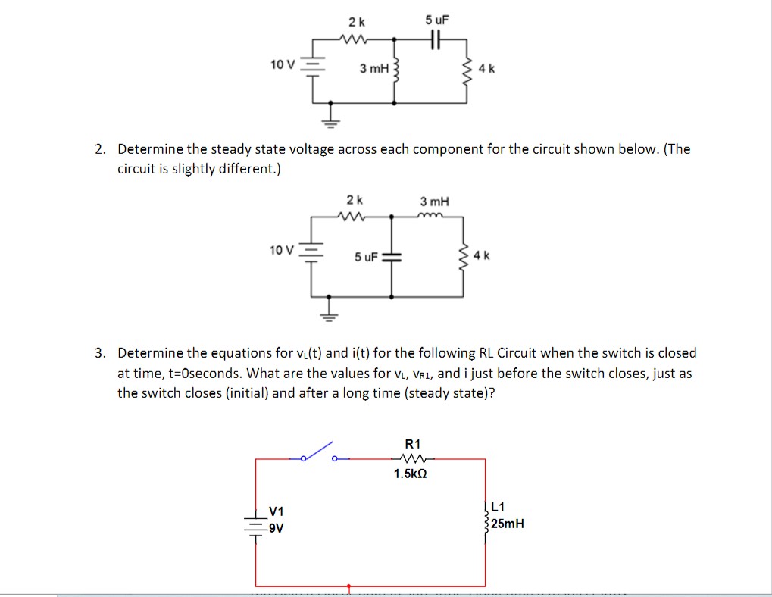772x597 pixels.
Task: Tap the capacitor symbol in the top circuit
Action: tap(434, 39)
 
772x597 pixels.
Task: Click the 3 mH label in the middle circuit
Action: tap(434, 202)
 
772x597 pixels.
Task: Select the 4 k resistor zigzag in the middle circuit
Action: tap(464, 255)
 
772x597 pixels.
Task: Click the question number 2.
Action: tap(99, 149)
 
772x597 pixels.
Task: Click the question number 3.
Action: tap(99, 353)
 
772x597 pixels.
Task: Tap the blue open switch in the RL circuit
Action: tap(318, 453)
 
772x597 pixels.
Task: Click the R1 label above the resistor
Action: tap(414, 444)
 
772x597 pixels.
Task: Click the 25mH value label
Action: tap(507, 524)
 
